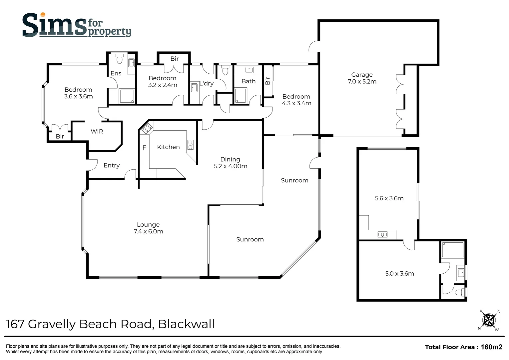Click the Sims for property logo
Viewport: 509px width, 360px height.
(76, 25)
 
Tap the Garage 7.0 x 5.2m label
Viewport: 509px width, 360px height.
(362, 78)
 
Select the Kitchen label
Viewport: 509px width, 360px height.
(168, 147)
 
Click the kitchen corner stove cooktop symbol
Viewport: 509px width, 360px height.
(147, 128)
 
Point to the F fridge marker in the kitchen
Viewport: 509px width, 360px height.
(144, 147)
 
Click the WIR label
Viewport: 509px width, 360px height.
(97, 131)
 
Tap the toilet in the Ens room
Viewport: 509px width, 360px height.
(120, 59)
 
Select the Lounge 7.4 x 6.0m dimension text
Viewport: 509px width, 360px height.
(148, 228)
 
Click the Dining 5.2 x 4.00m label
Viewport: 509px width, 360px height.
(230, 163)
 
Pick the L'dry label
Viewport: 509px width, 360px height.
(207, 83)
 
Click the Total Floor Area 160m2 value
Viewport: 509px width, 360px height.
(491, 347)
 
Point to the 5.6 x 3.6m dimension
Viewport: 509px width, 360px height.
(389, 198)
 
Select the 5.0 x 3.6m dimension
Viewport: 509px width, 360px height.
(399, 274)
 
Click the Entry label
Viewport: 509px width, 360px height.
(111, 165)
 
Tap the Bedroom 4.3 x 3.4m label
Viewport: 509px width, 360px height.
(296, 100)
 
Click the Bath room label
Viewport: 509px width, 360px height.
(249, 81)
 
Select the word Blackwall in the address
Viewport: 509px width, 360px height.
(186, 324)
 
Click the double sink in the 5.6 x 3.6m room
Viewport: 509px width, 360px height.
(382, 234)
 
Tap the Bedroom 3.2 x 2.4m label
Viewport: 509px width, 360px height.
(163, 81)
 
